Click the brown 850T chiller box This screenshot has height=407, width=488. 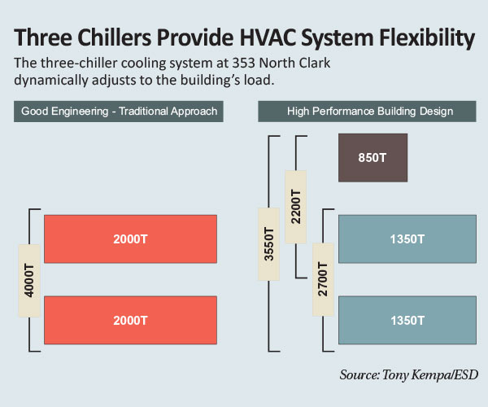373,158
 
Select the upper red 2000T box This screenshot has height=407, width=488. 130,239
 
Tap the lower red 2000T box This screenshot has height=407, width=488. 130,320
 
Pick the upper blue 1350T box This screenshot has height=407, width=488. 407,239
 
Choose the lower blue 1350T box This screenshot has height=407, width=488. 407,320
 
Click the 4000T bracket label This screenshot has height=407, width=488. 29,281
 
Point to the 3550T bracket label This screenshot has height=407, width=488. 269,244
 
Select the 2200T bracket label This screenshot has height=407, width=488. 296,207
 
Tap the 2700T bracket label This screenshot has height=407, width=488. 324,280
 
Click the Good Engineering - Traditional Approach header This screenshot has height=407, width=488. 119,112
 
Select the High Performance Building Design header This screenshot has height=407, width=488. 368,112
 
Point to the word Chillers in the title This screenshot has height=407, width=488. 114,37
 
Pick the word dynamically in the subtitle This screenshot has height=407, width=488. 51,81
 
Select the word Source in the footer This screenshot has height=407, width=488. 359,374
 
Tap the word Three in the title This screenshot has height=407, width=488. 43,37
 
